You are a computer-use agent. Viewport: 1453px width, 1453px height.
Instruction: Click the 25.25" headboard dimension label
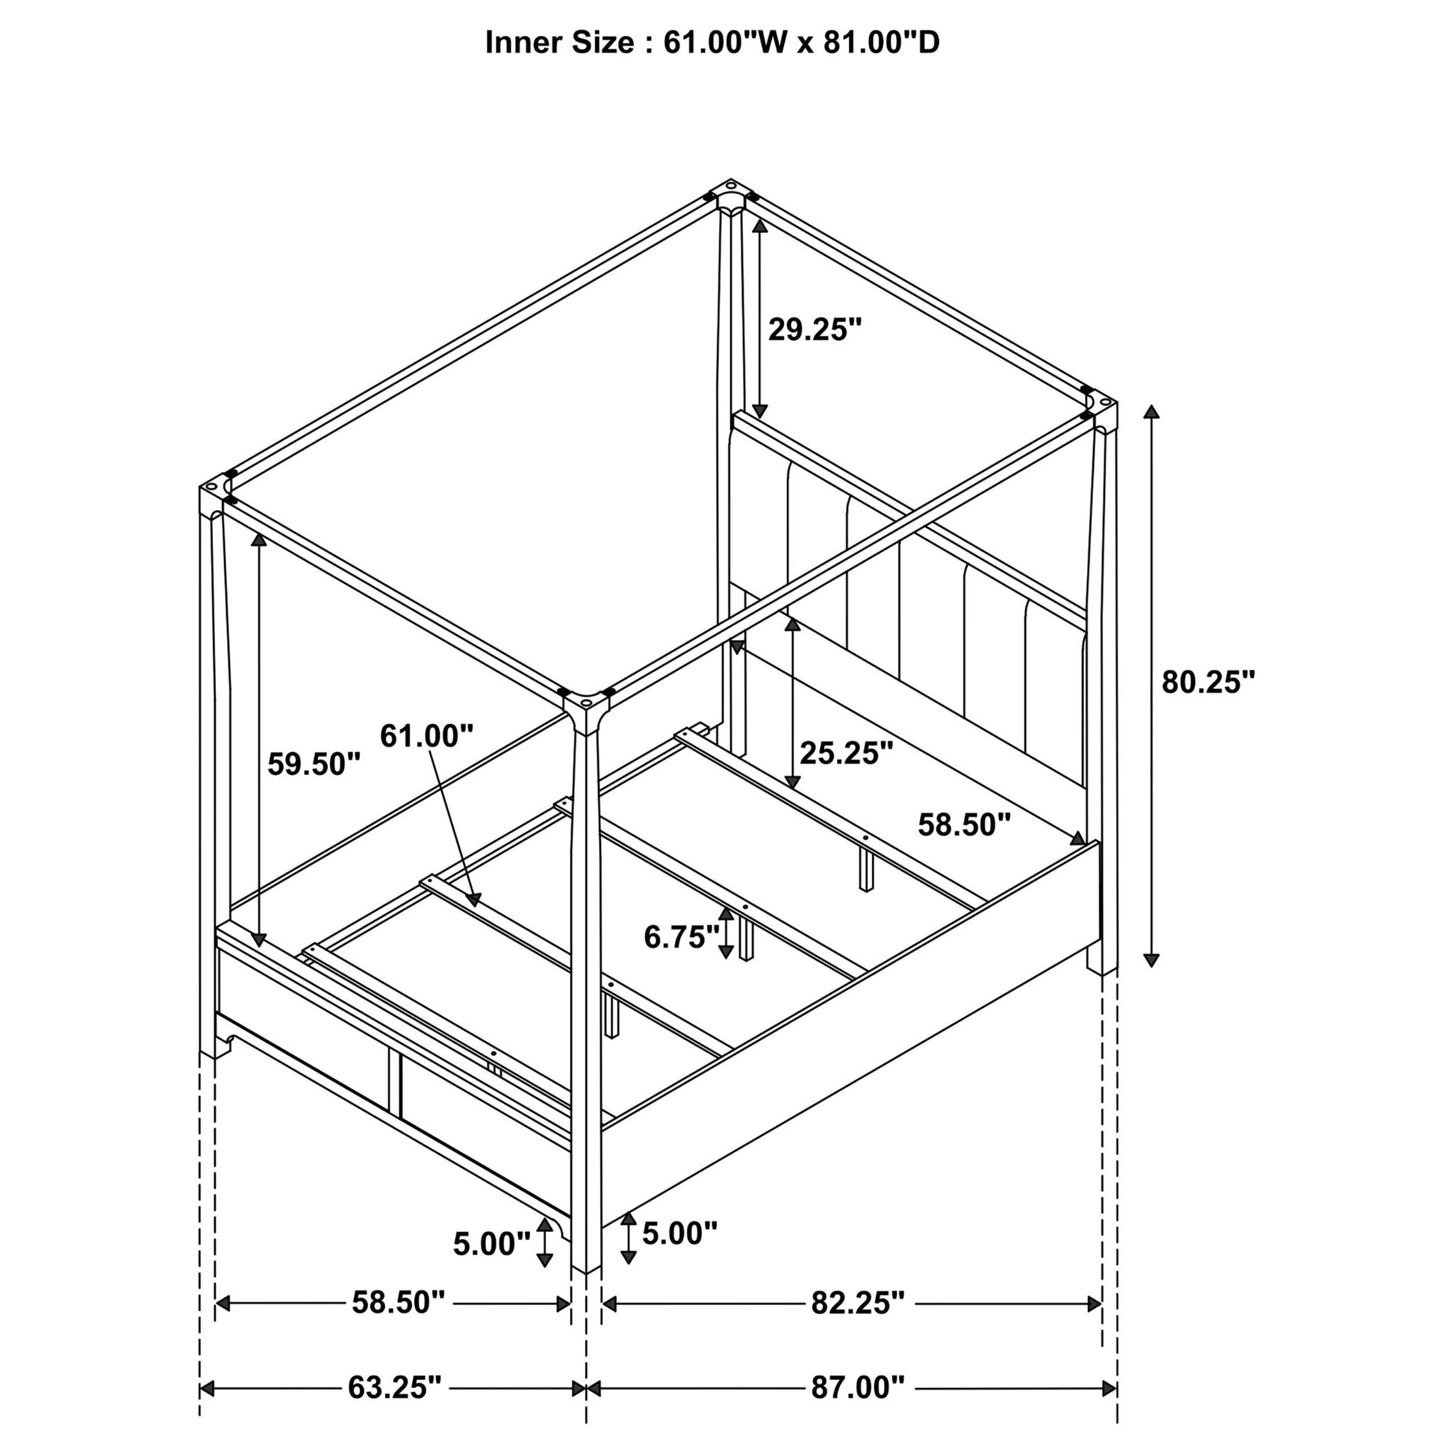[846, 752]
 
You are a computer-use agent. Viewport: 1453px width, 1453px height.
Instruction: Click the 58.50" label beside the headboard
[964, 825]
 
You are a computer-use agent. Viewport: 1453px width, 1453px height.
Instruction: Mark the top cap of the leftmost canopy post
[216, 486]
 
